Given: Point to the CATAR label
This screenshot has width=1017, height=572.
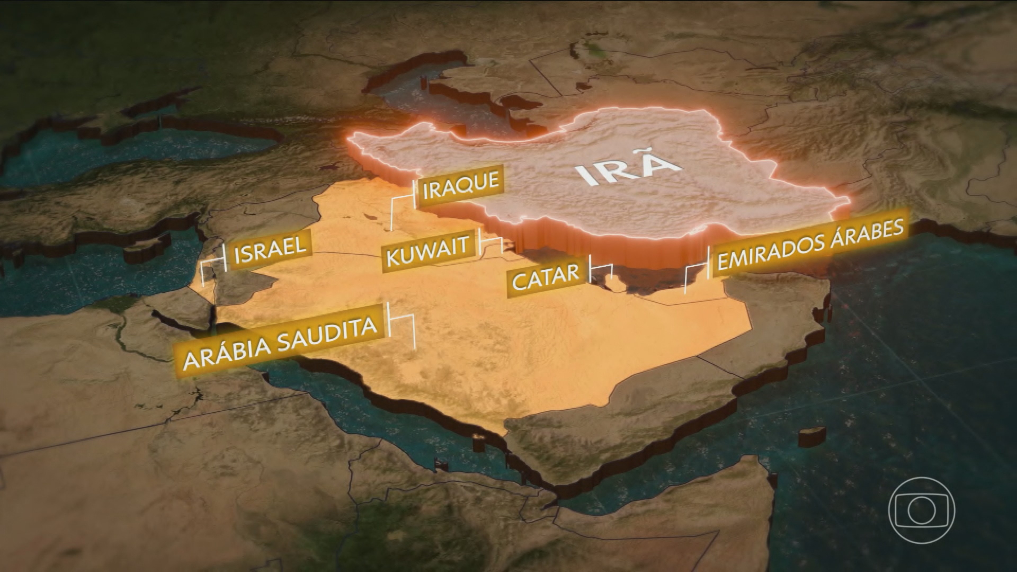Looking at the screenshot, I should click(546, 277).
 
